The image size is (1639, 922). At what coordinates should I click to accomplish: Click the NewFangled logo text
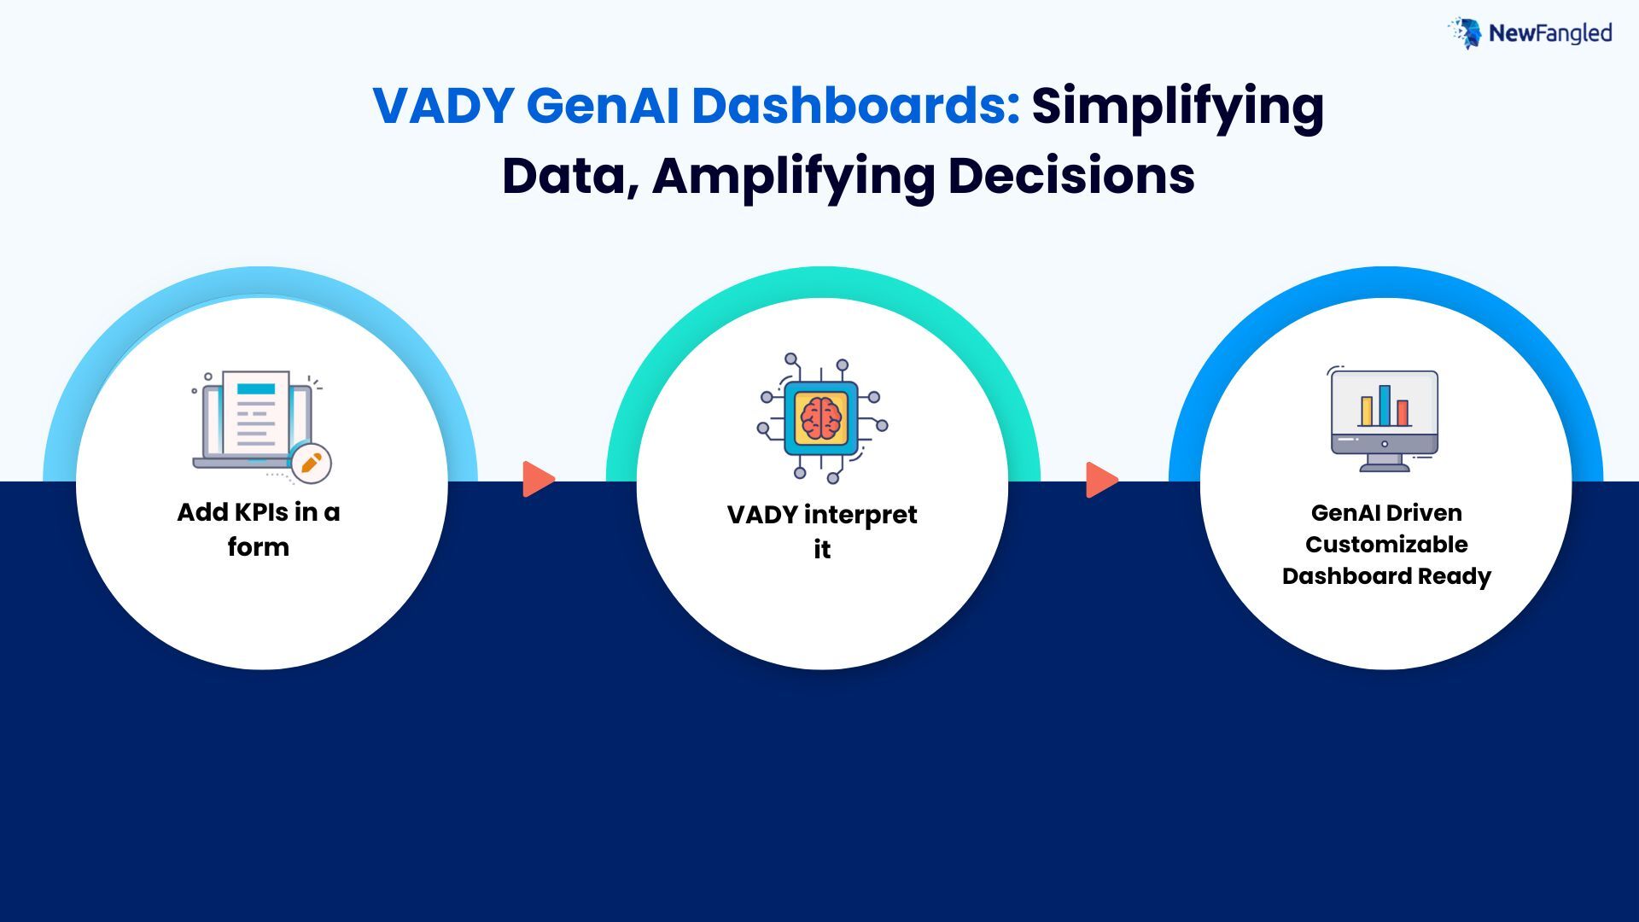point(1550,33)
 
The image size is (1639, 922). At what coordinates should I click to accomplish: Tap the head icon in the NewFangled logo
point(1466,32)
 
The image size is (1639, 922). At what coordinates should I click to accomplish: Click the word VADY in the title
point(443,106)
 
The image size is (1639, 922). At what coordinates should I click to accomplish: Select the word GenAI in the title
point(603,106)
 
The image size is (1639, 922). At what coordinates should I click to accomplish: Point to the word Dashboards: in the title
point(856,106)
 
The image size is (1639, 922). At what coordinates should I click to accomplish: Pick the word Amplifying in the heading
point(793,178)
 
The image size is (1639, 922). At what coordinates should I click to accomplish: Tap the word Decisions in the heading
point(1071,176)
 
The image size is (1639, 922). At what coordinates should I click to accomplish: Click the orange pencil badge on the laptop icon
point(311,464)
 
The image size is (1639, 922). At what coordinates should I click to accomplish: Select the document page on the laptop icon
point(256,412)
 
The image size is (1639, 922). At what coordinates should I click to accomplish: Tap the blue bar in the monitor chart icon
point(1385,405)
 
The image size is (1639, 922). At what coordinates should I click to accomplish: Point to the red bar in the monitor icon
point(1403,412)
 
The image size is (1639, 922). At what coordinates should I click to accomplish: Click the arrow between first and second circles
point(539,479)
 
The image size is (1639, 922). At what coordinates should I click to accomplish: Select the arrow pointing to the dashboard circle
point(1102,479)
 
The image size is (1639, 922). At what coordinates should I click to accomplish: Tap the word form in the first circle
point(259,546)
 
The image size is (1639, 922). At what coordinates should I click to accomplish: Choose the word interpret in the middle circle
point(860,516)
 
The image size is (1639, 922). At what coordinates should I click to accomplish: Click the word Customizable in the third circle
point(1386,545)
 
